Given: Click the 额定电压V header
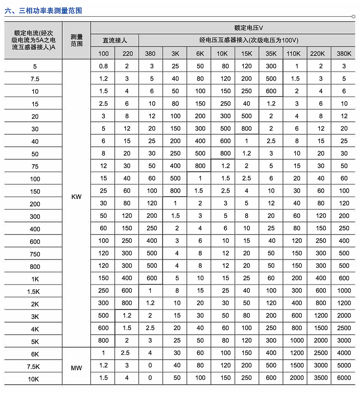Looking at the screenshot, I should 248,28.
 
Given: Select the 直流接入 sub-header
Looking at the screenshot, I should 115,40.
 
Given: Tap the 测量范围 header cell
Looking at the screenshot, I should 76,40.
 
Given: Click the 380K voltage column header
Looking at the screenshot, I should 344,54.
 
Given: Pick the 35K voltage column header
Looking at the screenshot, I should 271,54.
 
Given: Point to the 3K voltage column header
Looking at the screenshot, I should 175,54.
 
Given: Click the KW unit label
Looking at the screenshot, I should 76,197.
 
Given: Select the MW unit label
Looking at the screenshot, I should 76,368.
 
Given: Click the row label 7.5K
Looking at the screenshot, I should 33,367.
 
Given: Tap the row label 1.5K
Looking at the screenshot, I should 33,292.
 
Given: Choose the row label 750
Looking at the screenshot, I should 35,254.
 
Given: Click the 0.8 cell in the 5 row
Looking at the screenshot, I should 103,66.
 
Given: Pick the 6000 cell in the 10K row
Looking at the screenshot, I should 344,378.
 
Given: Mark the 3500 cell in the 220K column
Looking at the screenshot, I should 321,378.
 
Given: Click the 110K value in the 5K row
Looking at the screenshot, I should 297,340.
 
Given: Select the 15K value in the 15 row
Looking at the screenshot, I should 246,104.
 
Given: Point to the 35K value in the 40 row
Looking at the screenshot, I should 271,141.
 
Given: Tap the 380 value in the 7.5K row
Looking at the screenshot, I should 150,365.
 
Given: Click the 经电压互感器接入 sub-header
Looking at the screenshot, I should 249,40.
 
